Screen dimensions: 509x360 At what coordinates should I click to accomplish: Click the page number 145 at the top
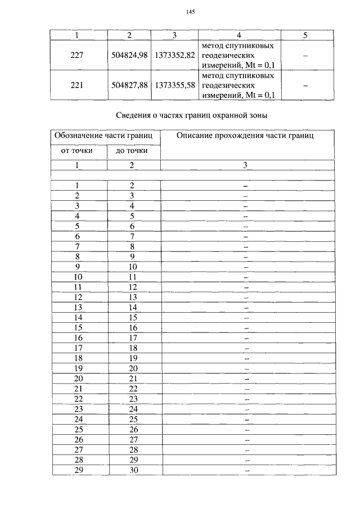[x=190, y=12]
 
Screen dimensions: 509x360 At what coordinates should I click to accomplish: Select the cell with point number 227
[x=78, y=55]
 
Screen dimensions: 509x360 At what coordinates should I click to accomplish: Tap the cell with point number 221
[x=78, y=85]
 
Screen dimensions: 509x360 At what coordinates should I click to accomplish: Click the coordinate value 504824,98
[x=129, y=55]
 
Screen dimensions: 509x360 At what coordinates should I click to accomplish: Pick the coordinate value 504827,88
[x=129, y=85]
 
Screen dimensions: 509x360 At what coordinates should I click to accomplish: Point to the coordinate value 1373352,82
[x=174, y=55]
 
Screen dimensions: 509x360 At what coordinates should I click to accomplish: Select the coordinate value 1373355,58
[x=174, y=85]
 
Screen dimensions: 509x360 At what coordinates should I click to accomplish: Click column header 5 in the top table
[x=305, y=35]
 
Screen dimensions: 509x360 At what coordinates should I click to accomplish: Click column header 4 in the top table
[x=238, y=35]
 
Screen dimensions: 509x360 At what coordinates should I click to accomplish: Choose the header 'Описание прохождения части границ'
[x=247, y=136]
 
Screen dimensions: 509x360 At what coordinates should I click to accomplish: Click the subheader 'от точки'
[x=77, y=151]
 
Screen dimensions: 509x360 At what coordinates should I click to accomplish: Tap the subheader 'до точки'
[x=132, y=151]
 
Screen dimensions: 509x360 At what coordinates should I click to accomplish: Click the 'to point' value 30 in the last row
[x=133, y=470]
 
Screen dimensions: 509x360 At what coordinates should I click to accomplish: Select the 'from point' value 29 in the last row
[x=79, y=470]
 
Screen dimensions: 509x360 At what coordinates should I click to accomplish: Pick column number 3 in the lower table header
[x=245, y=165]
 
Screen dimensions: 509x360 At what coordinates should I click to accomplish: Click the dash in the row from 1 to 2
[x=246, y=186]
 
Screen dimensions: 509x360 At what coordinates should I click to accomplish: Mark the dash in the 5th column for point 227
[x=305, y=56]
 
